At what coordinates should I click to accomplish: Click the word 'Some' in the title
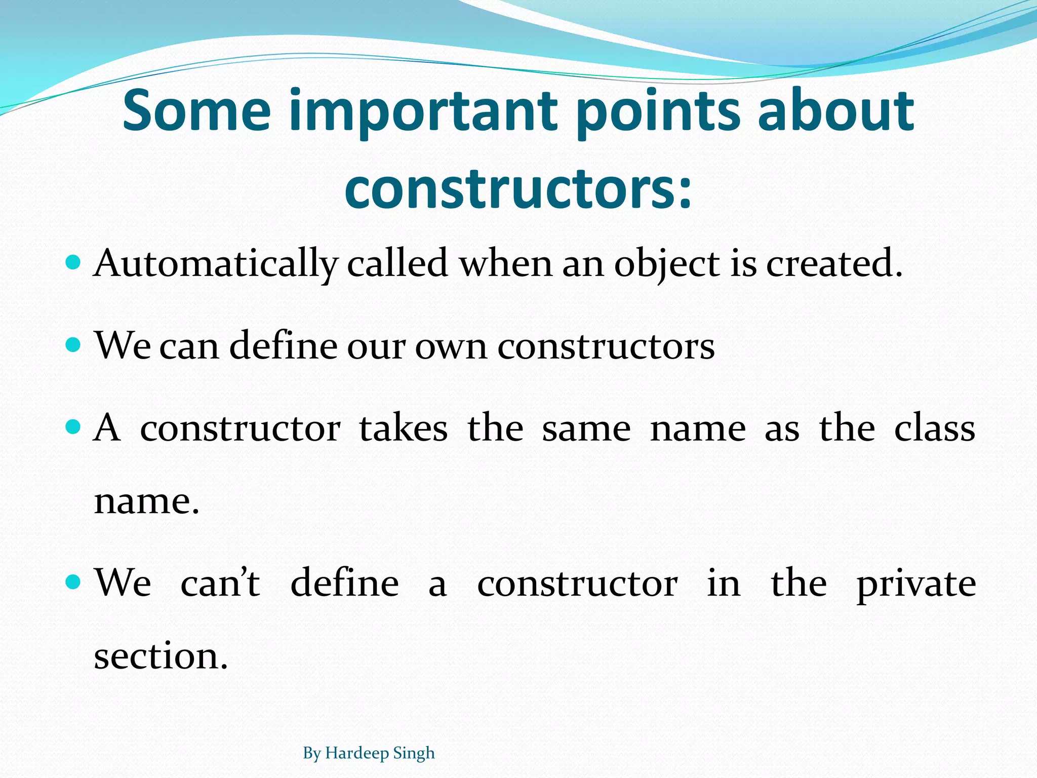pyautogui.click(x=196, y=110)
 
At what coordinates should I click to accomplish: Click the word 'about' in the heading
pyautogui.click(x=835, y=110)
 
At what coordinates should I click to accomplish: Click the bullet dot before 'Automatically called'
pyautogui.click(x=74, y=262)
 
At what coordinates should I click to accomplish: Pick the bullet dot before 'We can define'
pyautogui.click(x=74, y=345)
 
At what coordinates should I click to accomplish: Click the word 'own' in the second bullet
pyautogui.click(x=451, y=347)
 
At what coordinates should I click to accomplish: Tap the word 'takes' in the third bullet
pyautogui.click(x=404, y=428)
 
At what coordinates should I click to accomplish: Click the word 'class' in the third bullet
pyautogui.click(x=934, y=428)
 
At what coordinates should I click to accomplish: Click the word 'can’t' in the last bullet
pyautogui.click(x=220, y=582)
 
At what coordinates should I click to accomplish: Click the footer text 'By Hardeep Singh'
pyautogui.click(x=369, y=753)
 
